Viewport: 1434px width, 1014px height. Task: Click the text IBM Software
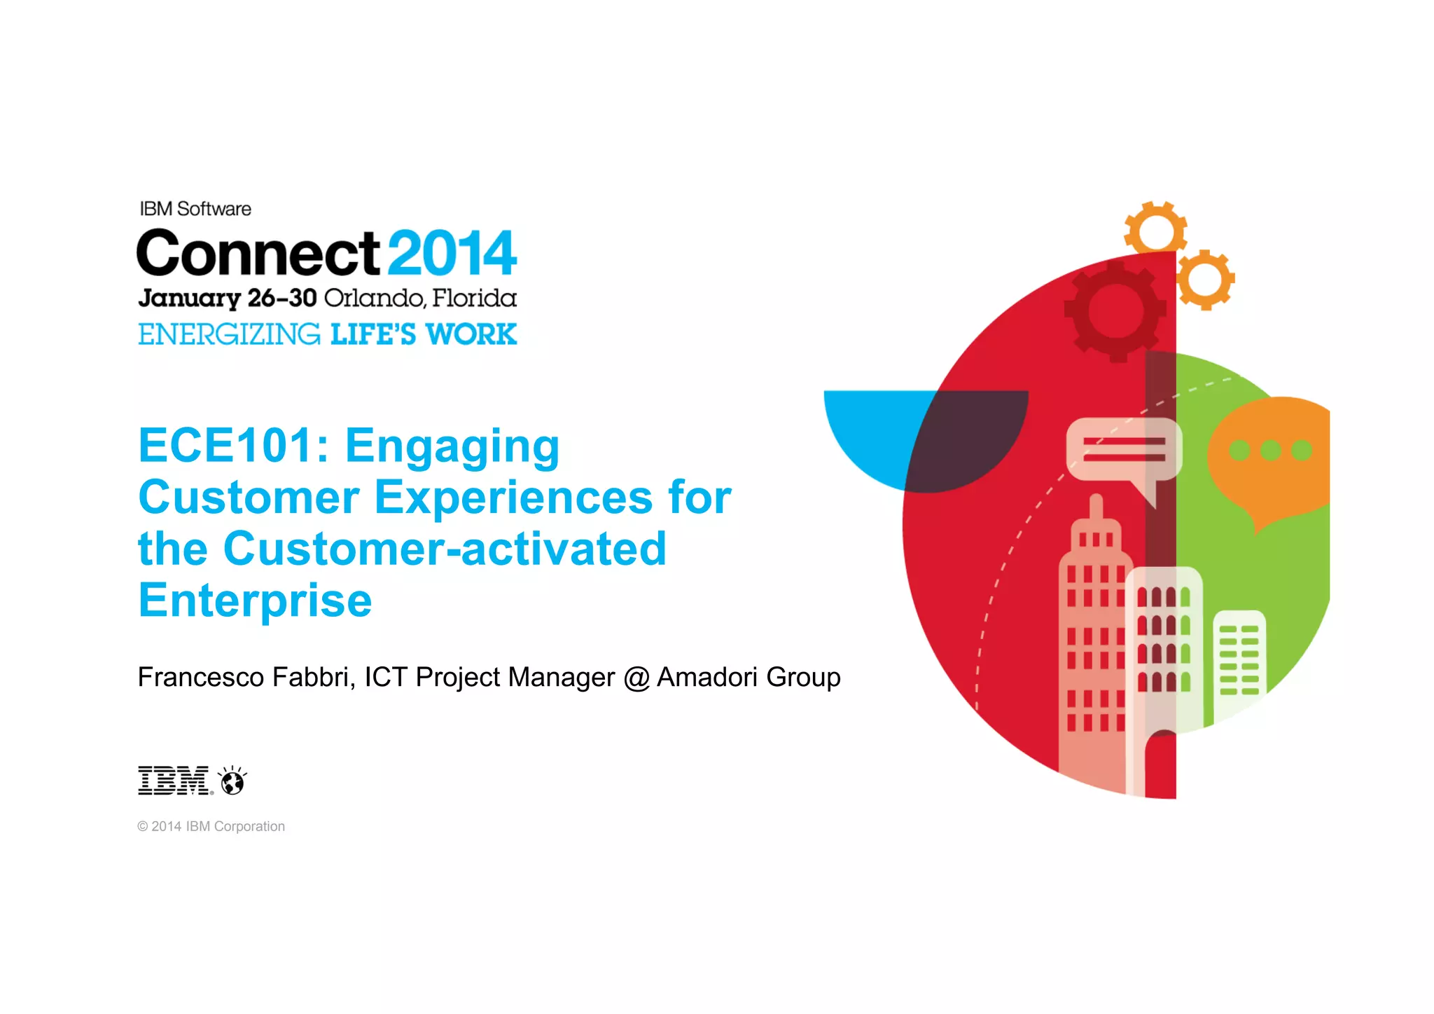195,209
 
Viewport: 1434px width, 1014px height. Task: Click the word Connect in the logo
258,253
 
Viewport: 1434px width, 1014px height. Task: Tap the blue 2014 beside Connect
452,253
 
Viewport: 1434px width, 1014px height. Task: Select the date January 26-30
227,299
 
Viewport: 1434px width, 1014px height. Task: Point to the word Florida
474,299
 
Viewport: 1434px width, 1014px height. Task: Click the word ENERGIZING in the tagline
229,334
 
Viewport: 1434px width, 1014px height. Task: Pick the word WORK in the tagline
471,334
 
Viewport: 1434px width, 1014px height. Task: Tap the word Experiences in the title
513,498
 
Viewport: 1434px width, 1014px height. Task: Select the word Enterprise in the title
255,601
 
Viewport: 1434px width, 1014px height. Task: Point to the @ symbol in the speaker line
636,678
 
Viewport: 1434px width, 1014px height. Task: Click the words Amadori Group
749,677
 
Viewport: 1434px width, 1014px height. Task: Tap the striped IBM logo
174,781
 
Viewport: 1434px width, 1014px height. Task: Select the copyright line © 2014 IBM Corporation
211,826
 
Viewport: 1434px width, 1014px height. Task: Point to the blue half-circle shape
875,434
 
